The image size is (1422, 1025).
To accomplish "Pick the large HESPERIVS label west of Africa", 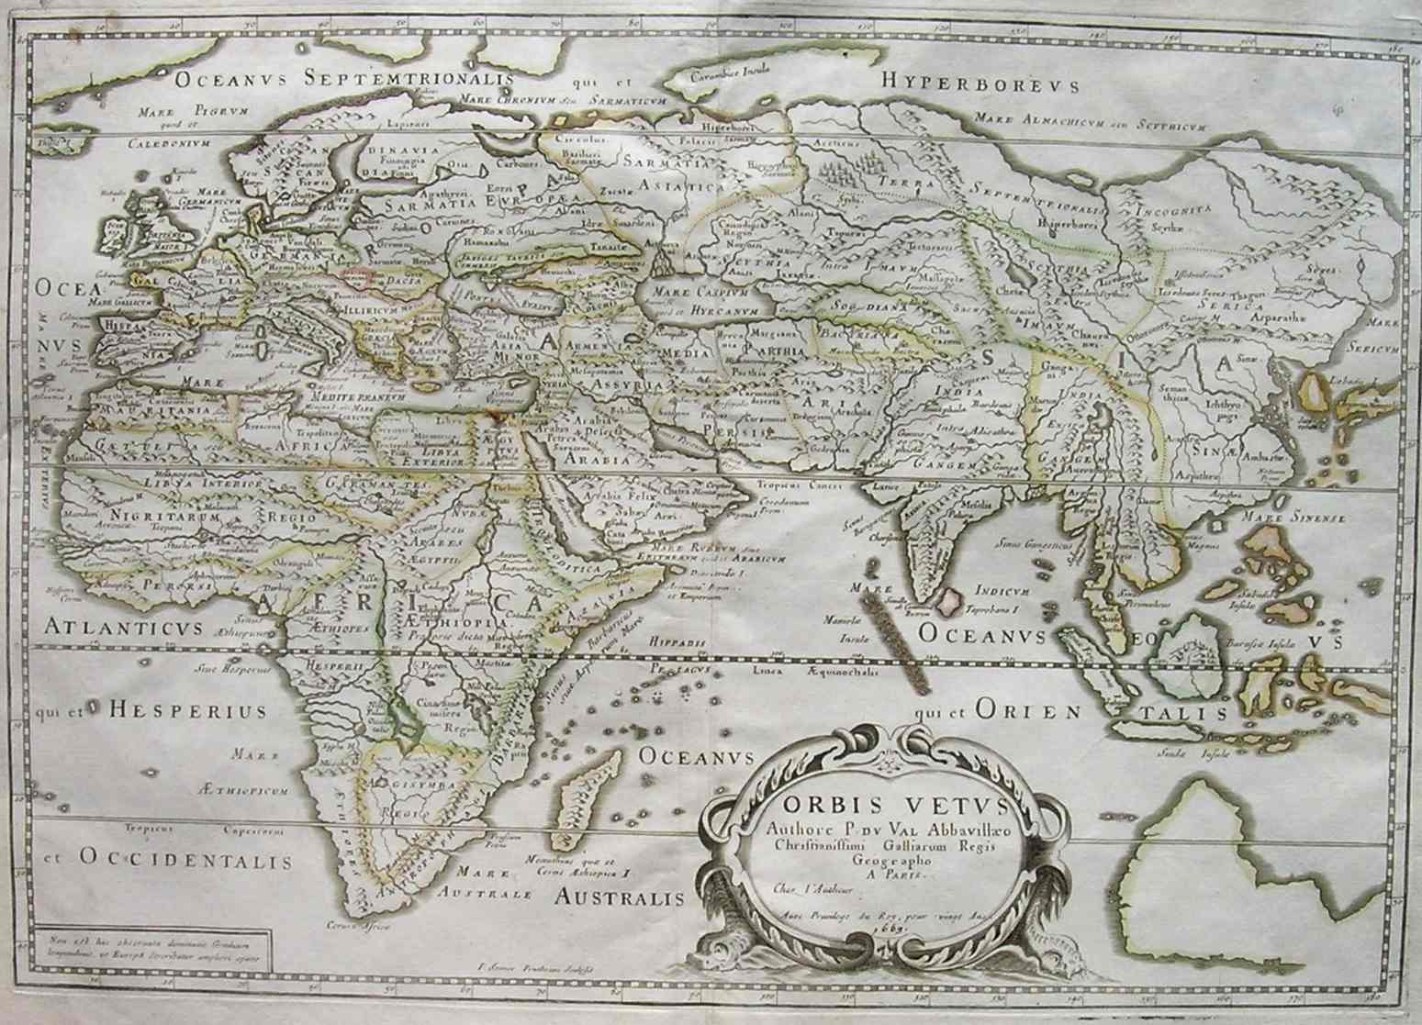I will point(186,709).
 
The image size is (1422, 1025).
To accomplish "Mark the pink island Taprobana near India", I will point(950,601).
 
